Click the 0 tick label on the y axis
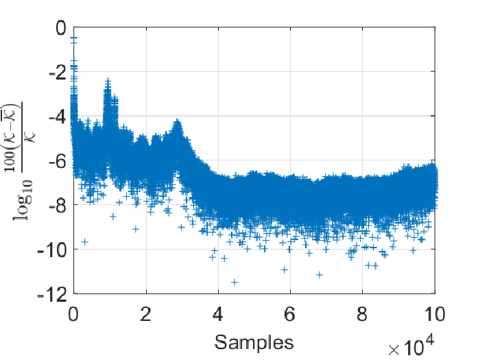(x=61, y=28)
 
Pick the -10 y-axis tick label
(x=52, y=250)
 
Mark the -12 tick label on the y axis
(x=52, y=294)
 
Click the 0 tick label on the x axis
(x=73, y=314)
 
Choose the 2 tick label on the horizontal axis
(x=145, y=314)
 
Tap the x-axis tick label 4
(x=218, y=314)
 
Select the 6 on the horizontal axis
(x=290, y=314)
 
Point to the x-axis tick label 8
(x=363, y=314)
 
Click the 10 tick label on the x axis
(x=435, y=314)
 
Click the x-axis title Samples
(x=254, y=342)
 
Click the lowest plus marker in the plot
(x=235, y=283)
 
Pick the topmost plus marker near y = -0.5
(x=73, y=38)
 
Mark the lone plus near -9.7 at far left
(x=85, y=242)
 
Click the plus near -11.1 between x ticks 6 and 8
(x=320, y=275)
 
